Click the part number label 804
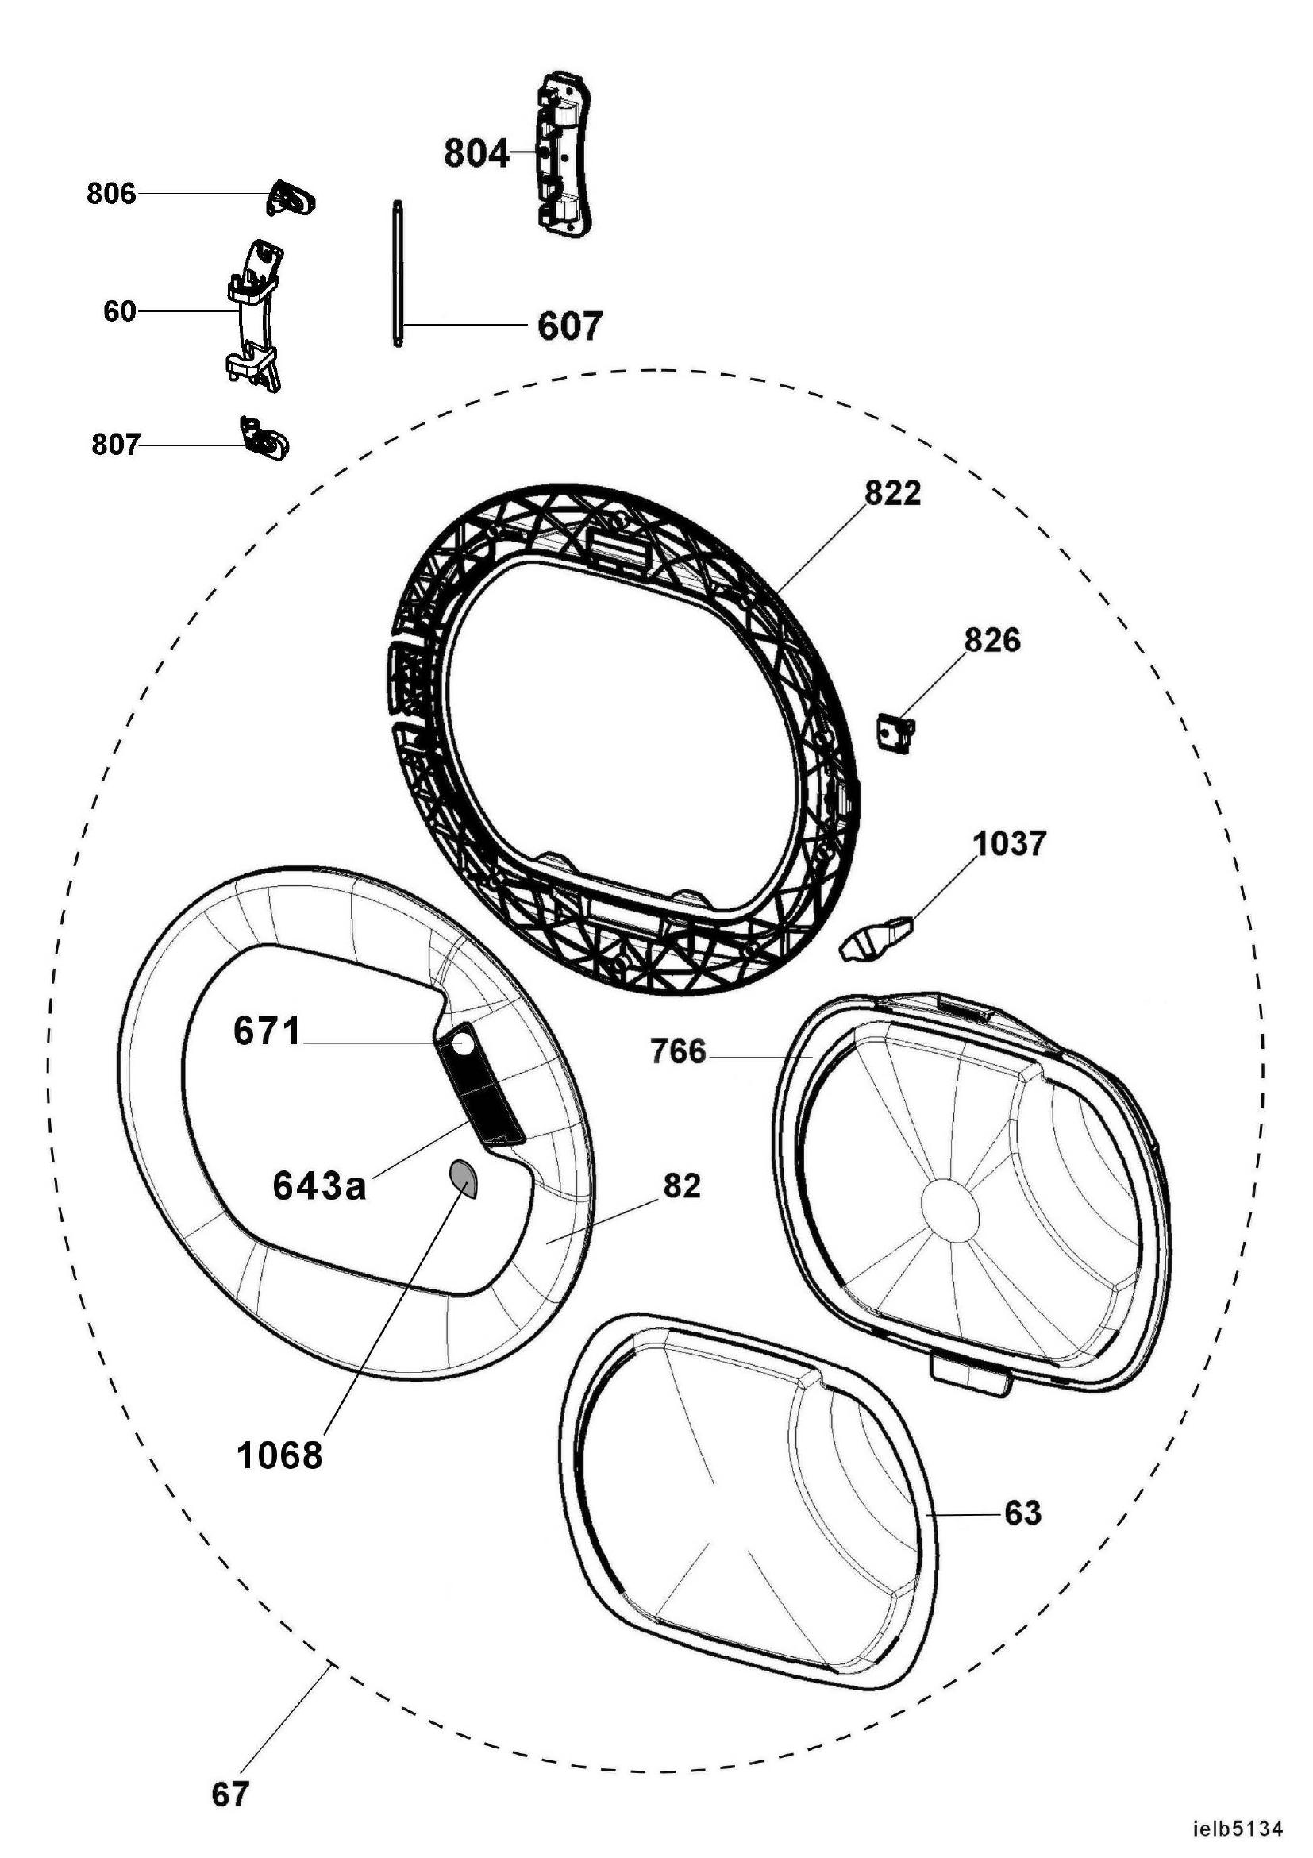pos(476,153)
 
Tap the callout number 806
pos(112,195)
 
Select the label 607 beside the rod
pos(570,326)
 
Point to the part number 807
pos(116,445)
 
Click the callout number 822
pos(892,494)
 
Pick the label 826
pos(991,641)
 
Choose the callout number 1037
pos(1010,844)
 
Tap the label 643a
pos(320,1187)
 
